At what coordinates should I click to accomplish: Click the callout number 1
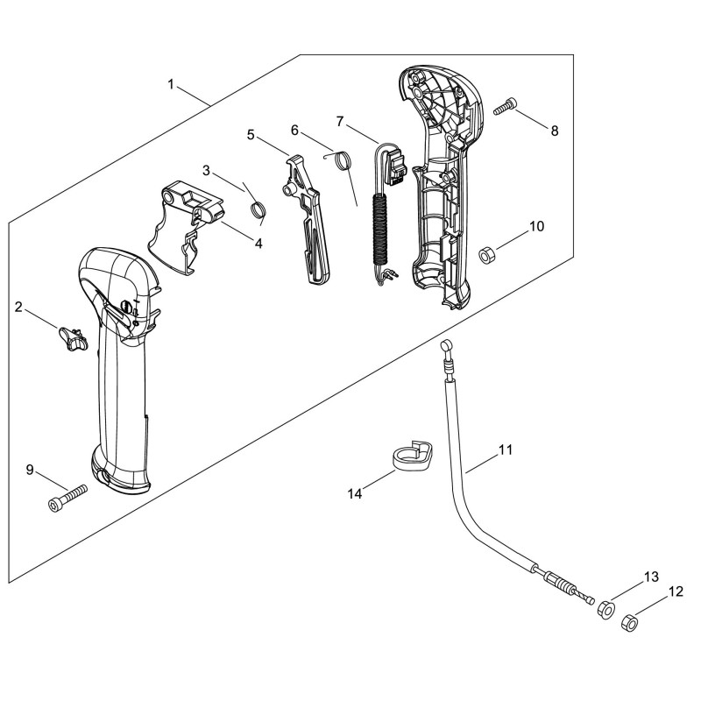pos(170,84)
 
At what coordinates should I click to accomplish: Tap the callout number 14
pos(355,494)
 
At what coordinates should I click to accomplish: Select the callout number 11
pos(506,450)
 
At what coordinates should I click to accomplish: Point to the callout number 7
pos(340,121)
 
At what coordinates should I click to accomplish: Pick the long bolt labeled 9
pos(67,498)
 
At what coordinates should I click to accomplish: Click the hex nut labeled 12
pos(629,622)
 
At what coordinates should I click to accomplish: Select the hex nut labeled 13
pos(606,609)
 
